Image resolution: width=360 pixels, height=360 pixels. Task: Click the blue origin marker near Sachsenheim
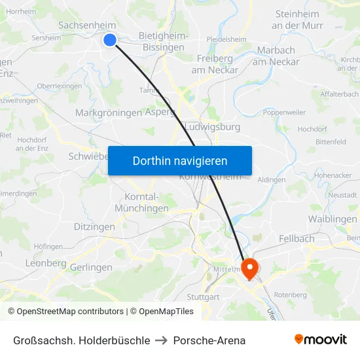click(110, 40)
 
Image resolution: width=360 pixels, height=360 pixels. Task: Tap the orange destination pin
click(250, 268)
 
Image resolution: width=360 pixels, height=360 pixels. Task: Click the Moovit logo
click(321, 340)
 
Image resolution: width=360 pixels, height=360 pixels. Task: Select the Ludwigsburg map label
click(213, 127)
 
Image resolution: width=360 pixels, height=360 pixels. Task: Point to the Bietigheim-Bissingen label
click(164, 42)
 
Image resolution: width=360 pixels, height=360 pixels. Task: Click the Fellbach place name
click(297, 239)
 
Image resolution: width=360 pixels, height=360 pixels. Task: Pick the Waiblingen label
click(333, 219)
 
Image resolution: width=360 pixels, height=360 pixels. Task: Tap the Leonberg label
click(46, 263)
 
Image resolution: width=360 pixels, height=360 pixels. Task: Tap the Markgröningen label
click(109, 113)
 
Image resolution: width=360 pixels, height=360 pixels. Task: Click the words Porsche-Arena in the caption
click(209, 340)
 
